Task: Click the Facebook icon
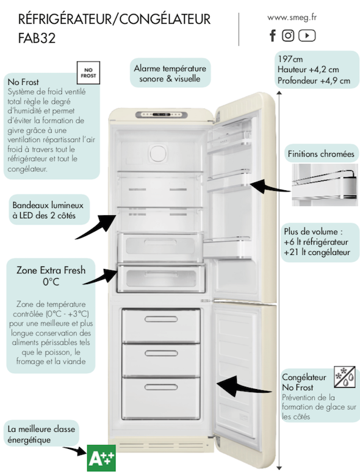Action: tap(273, 35)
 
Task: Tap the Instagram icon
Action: tap(288, 35)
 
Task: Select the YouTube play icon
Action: tap(307, 35)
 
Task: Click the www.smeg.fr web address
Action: tap(292, 18)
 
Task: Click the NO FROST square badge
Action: tap(88, 73)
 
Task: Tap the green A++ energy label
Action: tap(101, 458)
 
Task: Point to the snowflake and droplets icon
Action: tap(345, 377)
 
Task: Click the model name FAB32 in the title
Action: tap(37, 38)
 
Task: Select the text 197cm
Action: tap(290, 59)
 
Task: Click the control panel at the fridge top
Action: tap(161, 115)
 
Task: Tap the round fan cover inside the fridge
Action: tap(159, 153)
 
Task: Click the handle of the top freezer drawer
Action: tap(161, 319)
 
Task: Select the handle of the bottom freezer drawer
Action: tap(161, 387)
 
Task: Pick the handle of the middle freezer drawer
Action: tap(161, 353)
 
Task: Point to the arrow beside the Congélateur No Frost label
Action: tap(244, 385)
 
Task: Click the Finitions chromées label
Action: tap(321, 154)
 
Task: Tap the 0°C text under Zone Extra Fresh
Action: tap(51, 282)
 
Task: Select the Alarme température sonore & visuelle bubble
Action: tap(170, 73)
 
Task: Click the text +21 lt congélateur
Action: tap(317, 252)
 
